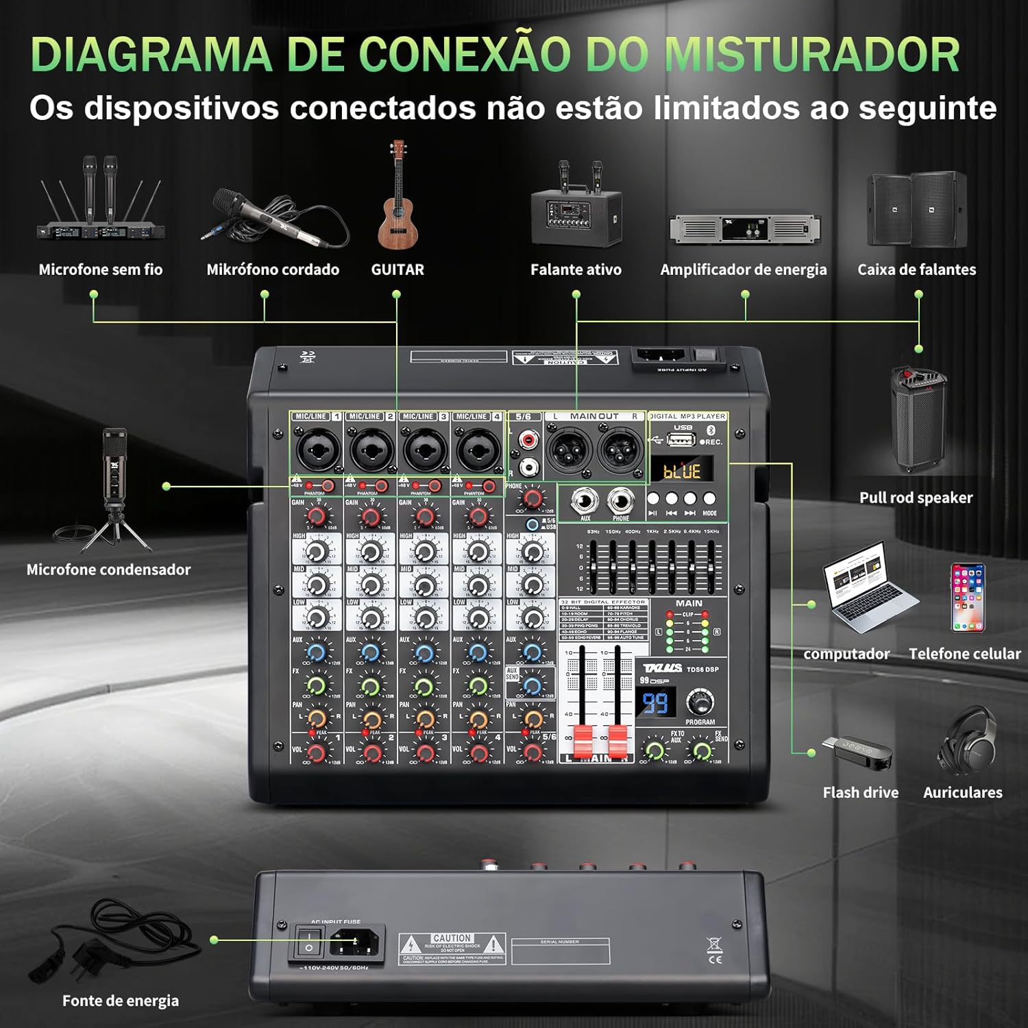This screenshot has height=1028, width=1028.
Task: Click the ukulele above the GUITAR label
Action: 397,199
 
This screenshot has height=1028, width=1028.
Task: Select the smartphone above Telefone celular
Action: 967,597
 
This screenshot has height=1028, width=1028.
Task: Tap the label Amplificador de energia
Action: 744,269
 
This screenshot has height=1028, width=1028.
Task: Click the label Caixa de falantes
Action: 916,269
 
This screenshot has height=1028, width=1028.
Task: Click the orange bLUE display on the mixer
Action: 681,472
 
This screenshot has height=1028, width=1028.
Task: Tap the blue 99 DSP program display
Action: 655,703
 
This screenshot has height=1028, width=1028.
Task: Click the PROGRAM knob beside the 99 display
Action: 700,702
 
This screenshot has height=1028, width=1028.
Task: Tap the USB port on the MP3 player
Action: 681,440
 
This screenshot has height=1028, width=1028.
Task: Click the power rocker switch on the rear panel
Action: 308,940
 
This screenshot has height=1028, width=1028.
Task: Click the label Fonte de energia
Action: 121,1001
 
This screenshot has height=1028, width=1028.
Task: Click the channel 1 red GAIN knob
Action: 316,515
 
